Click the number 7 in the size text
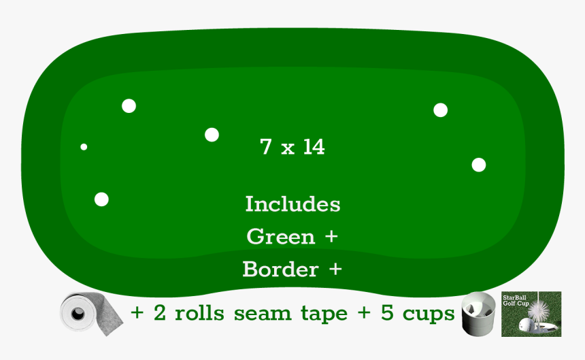click(x=266, y=146)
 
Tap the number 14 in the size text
click(x=314, y=146)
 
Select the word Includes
click(x=293, y=204)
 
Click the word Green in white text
click(x=281, y=237)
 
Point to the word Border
click(x=280, y=269)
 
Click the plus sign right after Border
click(x=335, y=269)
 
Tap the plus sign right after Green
click(x=331, y=237)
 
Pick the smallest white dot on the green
click(x=84, y=147)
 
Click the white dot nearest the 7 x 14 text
click(x=212, y=135)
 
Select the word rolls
click(x=199, y=312)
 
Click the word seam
click(x=263, y=314)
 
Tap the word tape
click(x=324, y=314)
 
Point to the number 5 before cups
click(x=387, y=312)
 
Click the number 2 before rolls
click(x=160, y=312)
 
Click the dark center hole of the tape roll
click(x=78, y=314)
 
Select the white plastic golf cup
click(x=479, y=314)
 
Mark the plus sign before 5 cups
click(x=364, y=312)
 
